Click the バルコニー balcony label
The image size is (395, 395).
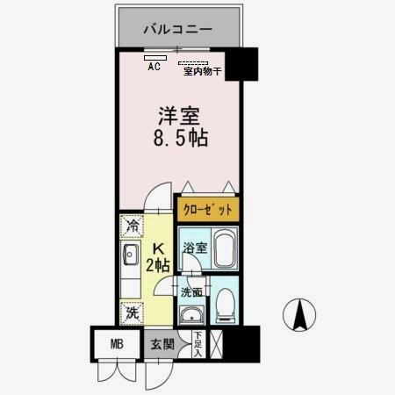[178, 29]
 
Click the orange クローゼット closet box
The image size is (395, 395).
[208, 210]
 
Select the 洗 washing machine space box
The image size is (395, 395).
[131, 311]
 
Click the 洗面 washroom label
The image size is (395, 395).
[191, 292]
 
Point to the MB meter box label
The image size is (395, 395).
[116, 343]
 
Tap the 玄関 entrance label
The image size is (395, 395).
[161, 343]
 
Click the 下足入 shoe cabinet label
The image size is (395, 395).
[197, 345]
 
